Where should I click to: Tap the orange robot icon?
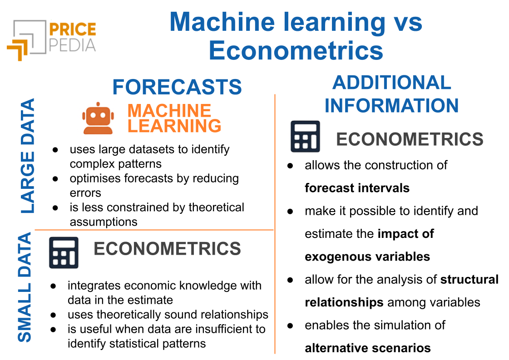pos(98,118)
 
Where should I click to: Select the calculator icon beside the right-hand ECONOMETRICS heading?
pos(305,136)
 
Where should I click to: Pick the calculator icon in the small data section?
pos(64,252)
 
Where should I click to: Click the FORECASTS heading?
pos(177,87)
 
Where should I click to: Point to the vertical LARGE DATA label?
pos(28,156)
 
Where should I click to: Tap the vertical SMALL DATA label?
pos(25,287)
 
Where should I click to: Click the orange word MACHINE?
pos(169,111)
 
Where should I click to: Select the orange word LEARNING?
pos(174,126)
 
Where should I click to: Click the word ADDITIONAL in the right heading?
pos(392,83)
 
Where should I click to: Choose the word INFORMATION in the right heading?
pos(392,105)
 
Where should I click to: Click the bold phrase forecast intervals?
pos(357,188)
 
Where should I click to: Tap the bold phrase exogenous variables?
pos(367,257)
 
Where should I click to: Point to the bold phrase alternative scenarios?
pos(368,348)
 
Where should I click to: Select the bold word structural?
pos(469,280)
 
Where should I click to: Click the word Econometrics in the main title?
pos(296,51)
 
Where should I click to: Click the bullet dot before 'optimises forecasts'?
pos(55,179)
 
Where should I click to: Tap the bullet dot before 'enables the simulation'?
pos(290,325)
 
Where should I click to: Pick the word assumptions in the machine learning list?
pos(104,222)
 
